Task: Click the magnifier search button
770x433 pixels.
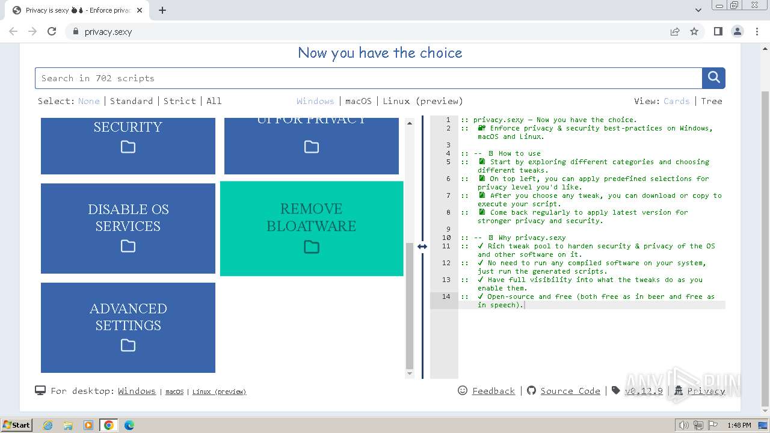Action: point(713,78)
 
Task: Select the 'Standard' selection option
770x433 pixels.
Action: point(131,101)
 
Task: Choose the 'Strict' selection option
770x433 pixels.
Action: point(180,101)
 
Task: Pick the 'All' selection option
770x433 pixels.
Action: point(214,101)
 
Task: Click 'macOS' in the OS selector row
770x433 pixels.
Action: point(359,101)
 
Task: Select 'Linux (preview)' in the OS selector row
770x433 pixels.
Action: point(423,101)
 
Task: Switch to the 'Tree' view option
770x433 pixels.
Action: point(712,101)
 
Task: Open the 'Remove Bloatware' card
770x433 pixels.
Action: point(312,229)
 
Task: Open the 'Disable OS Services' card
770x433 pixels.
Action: point(128,229)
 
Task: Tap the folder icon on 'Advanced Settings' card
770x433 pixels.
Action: point(128,346)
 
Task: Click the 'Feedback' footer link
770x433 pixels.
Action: point(493,391)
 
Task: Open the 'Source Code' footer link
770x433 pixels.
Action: point(570,391)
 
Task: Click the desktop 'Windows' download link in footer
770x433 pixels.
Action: point(137,391)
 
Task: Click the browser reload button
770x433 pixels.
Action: point(52,31)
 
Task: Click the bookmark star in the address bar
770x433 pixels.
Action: point(694,31)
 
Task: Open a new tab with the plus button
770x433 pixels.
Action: point(162,10)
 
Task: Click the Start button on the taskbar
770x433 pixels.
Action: point(16,425)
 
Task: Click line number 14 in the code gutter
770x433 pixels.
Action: point(446,296)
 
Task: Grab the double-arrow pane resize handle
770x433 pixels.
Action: point(422,247)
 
